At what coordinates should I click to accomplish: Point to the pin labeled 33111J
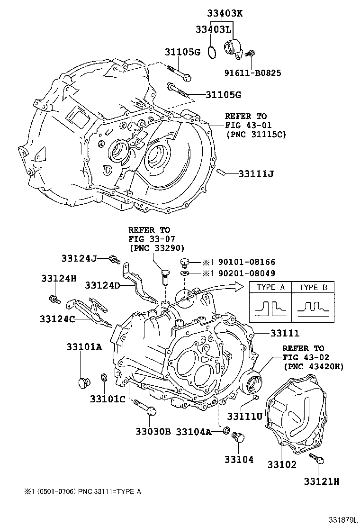tap(220, 173)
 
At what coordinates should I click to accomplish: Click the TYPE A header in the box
tap(270, 287)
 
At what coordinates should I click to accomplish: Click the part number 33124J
tap(79, 258)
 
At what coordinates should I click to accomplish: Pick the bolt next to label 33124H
tap(54, 299)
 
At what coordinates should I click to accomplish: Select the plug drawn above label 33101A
tap(84, 382)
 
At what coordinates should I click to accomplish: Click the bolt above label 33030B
tap(144, 407)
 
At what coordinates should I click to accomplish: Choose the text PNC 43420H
tap(314, 366)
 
